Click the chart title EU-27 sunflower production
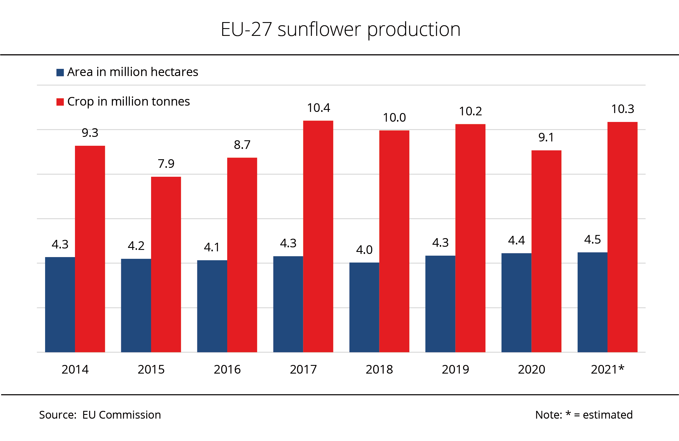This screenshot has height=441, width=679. coord(340,30)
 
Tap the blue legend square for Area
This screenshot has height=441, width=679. coord(60,72)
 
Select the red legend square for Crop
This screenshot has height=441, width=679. coord(60,102)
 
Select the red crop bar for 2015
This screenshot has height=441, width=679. coord(166,264)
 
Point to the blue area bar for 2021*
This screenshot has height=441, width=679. coord(592,302)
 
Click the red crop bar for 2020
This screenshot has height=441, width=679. coord(546,251)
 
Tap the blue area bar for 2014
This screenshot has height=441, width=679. coord(60,304)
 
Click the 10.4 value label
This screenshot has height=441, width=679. coord(319,108)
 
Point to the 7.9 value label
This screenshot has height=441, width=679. coord(166,164)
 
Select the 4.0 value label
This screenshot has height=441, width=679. coord(364,250)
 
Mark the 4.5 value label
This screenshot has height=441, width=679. coord(592,240)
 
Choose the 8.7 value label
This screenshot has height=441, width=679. coord(242,145)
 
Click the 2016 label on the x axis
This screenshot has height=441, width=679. coord(227,370)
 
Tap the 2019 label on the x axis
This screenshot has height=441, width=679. coord(455,370)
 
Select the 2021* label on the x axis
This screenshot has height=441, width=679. coord(607,370)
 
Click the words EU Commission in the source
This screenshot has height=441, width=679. coord(121,415)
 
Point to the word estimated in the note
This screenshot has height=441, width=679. coord(608,415)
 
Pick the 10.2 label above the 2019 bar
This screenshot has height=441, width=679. coord(470,111)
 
